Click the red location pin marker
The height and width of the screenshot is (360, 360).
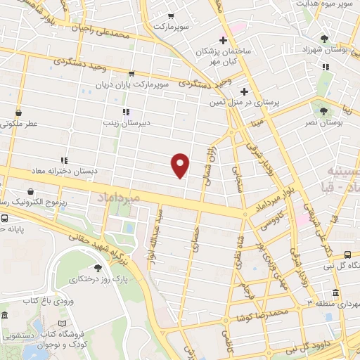[x=181, y=165]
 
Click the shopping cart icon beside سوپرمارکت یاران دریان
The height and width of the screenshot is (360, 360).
[x=131, y=73]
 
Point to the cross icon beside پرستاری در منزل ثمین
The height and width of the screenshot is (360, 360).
[x=245, y=91]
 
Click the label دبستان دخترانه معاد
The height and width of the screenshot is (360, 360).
[x=63, y=171]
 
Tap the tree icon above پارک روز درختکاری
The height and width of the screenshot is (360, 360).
[x=98, y=268]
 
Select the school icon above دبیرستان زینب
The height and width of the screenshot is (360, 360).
[x=125, y=111]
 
